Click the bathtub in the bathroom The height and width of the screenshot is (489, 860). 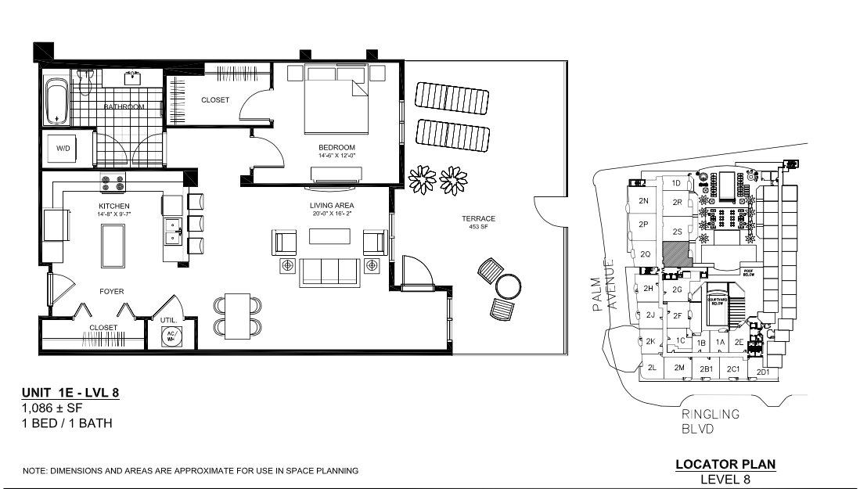[57, 102]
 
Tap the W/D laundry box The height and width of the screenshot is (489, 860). [63, 147]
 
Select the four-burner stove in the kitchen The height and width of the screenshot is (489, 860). [112, 183]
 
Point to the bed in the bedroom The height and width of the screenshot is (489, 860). [336, 107]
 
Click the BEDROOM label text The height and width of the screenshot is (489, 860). [336, 147]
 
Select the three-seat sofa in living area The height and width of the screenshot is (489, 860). [328, 270]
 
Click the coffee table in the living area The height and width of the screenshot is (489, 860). [328, 236]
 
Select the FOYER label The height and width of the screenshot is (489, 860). [111, 292]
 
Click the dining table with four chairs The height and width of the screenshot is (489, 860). [236, 315]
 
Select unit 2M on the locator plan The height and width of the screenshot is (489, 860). [679, 368]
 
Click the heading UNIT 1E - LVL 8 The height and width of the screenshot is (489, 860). [71, 393]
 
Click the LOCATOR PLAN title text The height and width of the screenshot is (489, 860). [725, 465]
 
